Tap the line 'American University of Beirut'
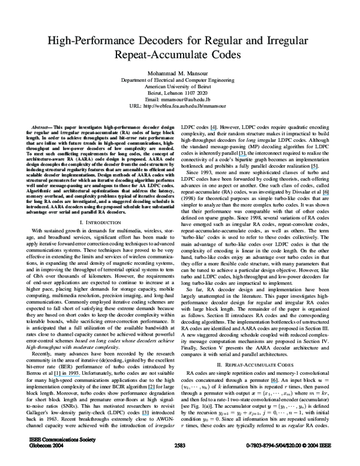pyautogui.click(x=180, y=86)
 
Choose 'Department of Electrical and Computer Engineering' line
pyautogui.click(x=180, y=79)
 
